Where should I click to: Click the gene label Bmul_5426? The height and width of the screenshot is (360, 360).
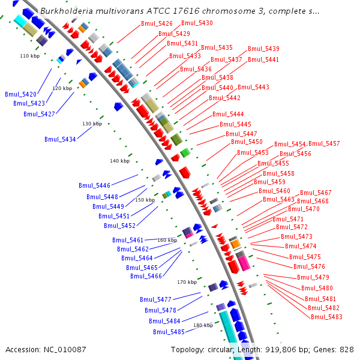(157, 24)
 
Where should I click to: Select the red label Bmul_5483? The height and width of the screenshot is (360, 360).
(326, 317)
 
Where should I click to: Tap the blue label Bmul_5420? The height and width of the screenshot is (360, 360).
(20, 94)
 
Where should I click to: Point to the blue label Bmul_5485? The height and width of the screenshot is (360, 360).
(169, 332)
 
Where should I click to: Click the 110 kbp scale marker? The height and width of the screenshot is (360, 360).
(29, 56)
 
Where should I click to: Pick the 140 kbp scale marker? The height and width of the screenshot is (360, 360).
(119, 161)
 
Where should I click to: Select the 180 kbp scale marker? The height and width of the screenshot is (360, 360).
(203, 325)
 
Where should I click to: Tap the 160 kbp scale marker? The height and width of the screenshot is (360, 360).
(167, 240)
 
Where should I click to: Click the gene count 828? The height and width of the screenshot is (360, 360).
(347, 349)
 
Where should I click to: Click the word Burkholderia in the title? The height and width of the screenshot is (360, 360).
(64, 11)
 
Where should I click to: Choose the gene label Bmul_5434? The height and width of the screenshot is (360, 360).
(60, 139)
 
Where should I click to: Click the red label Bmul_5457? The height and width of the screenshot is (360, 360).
(324, 144)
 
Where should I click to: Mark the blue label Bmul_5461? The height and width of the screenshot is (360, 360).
(128, 240)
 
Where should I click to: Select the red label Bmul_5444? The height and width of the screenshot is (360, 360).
(228, 114)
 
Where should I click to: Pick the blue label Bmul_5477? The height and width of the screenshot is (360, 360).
(155, 299)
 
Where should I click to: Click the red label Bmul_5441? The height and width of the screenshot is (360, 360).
(263, 59)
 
